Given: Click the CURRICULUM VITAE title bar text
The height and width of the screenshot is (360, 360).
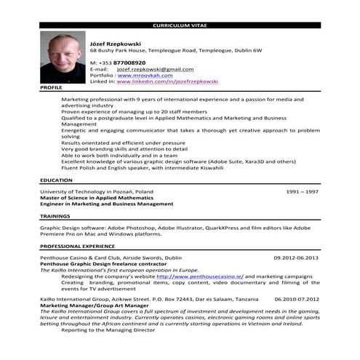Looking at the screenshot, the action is (x=180, y=25).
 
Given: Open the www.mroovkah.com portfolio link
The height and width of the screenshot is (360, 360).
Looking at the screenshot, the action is (x=145, y=75).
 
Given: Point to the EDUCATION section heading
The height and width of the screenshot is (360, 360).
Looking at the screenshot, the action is (x=56, y=179).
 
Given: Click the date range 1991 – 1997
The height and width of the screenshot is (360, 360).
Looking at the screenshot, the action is (x=302, y=191).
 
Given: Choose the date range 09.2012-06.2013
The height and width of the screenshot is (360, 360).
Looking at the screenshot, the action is (x=296, y=258).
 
